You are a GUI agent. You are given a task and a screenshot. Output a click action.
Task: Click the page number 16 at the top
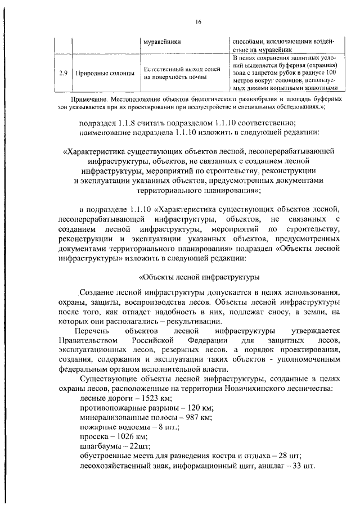coord(199,22)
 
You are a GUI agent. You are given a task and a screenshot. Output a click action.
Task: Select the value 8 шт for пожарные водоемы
coord(166,427)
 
